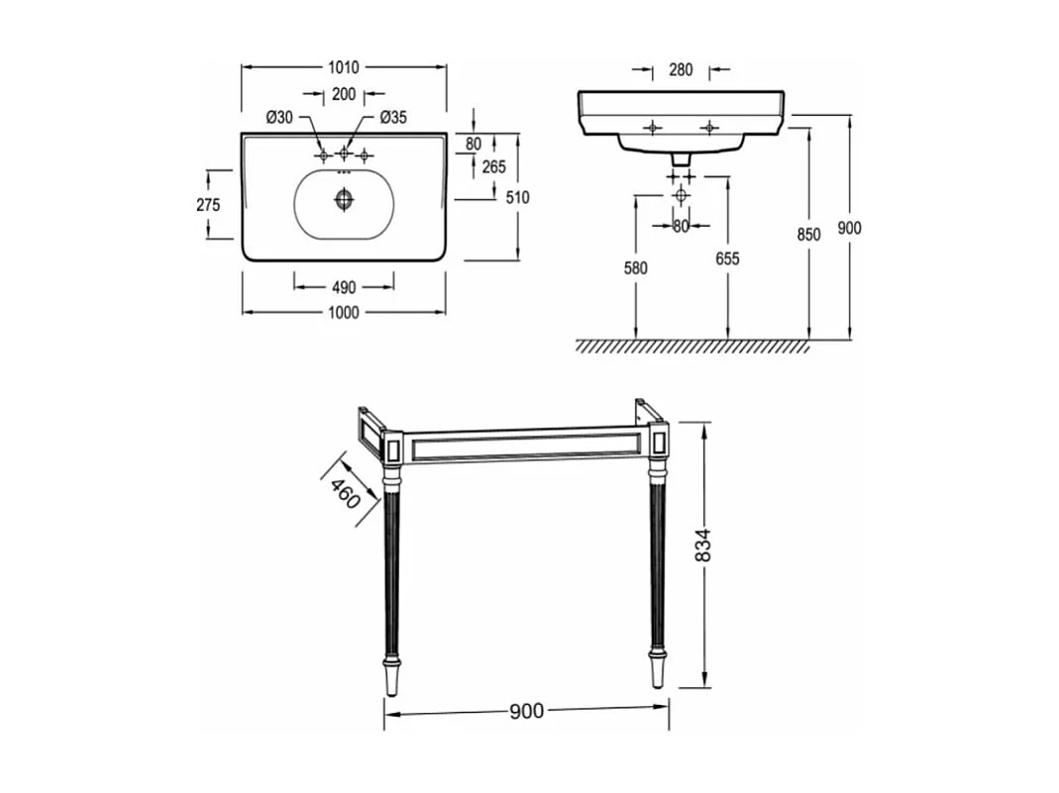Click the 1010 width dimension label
click(x=344, y=67)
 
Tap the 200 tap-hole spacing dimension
click(x=344, y=95)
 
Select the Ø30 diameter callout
click(x=279, y=118)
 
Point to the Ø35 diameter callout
click(x=393, y=118)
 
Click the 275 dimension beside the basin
click(x=208, y=205)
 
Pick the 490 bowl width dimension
click(x=343, y=287)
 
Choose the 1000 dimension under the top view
click(x=343, y=313)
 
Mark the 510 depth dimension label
click(x=517, y=197)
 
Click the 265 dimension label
click(x=494, y=167)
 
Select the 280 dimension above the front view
click(x=681, y=70)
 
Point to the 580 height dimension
click(x=636, y=268)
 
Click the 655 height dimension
click(x=728, y=259)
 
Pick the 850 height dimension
click(x=809, y=235)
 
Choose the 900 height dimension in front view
click(x=850, y=228)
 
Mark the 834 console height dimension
click(x=703, y=544)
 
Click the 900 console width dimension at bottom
click(x=526, y=711)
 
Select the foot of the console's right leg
click(x=657, y=672)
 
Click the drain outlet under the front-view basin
click(x=680, y=157)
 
